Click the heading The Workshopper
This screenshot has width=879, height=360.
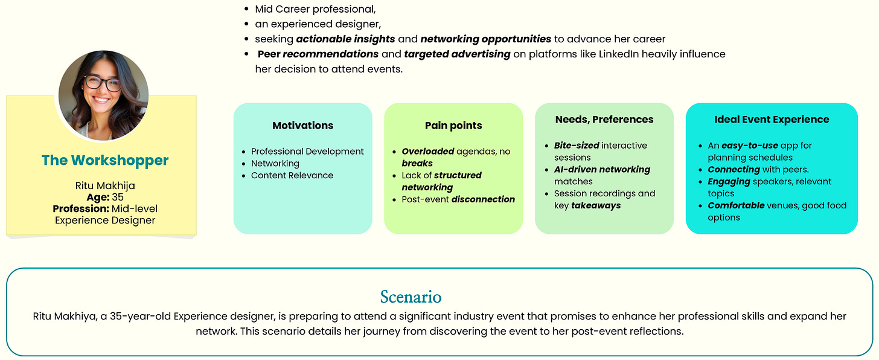(105, 160)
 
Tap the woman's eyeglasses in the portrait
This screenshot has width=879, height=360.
(103, 83)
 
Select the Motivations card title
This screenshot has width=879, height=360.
(302, 126)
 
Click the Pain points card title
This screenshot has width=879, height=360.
(453, 126)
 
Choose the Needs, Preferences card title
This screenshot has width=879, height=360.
(604, 120)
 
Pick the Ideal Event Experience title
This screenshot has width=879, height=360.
(772, 120)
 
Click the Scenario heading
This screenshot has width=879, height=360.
(411, 297)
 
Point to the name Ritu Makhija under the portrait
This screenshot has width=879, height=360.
(105, 185)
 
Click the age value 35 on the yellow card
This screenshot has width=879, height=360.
(118, 197)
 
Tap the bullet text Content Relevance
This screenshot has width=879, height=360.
(292, 175)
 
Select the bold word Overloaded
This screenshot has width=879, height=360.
(427, 152)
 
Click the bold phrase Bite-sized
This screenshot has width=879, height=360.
(577, 146)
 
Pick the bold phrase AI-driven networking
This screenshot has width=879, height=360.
(602, 169)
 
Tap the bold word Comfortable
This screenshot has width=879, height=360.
(735, 205)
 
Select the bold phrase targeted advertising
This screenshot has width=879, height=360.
(457, 54)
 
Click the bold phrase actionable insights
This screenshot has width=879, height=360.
(345, 39)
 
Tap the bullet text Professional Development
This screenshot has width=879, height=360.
(307, 152)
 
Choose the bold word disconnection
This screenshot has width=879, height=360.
(484, 199)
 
